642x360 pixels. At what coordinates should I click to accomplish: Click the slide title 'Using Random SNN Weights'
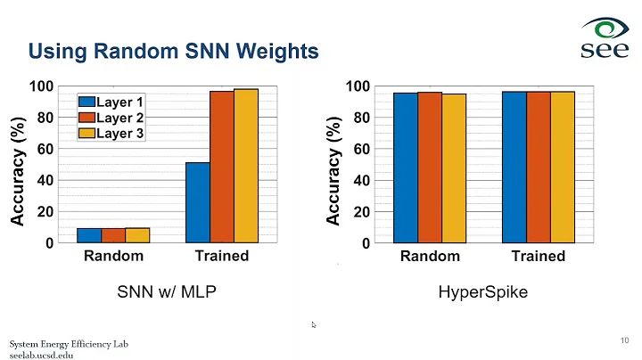(173, 52)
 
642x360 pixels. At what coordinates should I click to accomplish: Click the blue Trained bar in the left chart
(197, 202)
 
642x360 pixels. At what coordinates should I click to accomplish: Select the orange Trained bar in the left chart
(221, 167)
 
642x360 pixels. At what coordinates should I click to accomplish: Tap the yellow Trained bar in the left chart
(245, 166)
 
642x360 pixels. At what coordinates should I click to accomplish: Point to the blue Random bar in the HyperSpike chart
(406, 168)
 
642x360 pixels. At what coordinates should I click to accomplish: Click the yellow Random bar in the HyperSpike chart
(454, 168)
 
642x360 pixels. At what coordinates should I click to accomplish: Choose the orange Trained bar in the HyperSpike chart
(538, 167)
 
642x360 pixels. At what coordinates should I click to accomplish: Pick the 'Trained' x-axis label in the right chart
(538, 257)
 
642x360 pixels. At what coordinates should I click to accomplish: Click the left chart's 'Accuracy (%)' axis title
(17, 165)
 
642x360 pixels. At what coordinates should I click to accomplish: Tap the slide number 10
(623, 340)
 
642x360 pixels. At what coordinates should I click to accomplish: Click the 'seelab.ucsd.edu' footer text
(41, 355)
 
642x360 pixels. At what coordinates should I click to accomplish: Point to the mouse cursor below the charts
(314, 324)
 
